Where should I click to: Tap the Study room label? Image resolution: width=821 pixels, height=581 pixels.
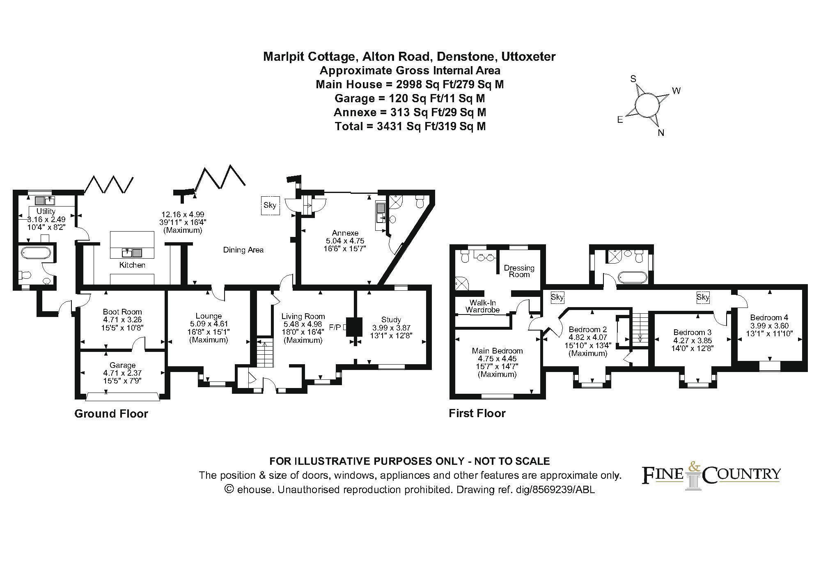tap(391, 319)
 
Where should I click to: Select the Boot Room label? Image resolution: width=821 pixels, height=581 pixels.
tap(122, 312)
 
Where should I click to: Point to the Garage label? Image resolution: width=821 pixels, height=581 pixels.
tap(122, 365)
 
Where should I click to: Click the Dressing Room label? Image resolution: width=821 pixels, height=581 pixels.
tap(519, 271)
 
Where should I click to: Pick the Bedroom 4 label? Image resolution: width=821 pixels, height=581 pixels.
tap(769, 317)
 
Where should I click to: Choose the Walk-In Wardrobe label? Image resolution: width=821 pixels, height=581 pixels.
tap(483, 306)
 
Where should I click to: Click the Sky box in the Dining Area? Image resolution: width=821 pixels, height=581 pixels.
tap(270, 205)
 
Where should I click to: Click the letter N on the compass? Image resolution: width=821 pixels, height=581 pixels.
tap(661, 133)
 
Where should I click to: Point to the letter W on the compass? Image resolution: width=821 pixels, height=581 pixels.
tap(676, 91)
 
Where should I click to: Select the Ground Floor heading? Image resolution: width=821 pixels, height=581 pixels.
tap(111, 413)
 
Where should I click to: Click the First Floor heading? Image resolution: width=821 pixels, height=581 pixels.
tap(477, 413)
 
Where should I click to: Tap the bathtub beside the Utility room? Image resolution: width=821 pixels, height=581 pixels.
tap(35, 253)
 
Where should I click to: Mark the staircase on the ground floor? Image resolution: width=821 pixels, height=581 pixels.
tap(265, 353)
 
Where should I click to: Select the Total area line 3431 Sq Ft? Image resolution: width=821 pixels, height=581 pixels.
tap(410, 126)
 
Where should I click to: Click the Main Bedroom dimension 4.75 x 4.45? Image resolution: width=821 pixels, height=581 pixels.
tap(497, 358)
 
